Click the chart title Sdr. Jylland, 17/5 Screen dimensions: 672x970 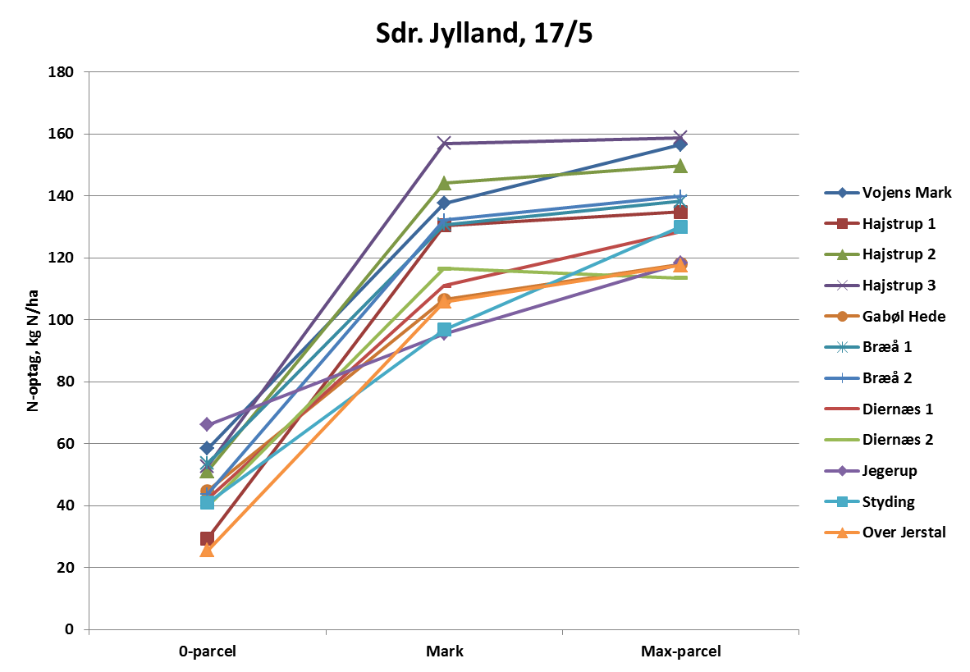click(x=485, y=34)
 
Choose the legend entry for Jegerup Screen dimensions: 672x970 click(x=890, y=471)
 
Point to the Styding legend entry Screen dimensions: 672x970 click(x=888, y=501)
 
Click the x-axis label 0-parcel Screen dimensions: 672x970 click(x=208, y=652)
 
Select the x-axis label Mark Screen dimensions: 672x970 click(x=445, y=652)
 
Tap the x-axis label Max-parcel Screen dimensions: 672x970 click(x=681, y=652)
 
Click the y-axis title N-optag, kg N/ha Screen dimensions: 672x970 click(x=34, y=350)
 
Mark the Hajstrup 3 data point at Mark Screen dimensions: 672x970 click(x=445, y=144)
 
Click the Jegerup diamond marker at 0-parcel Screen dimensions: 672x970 click(x=208, y=424)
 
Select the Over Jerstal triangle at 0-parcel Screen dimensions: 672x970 click(x=208, y=550)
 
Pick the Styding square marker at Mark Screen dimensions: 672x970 click(x=445, y=330)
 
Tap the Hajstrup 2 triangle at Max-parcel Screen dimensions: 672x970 click(x=681, y=167)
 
